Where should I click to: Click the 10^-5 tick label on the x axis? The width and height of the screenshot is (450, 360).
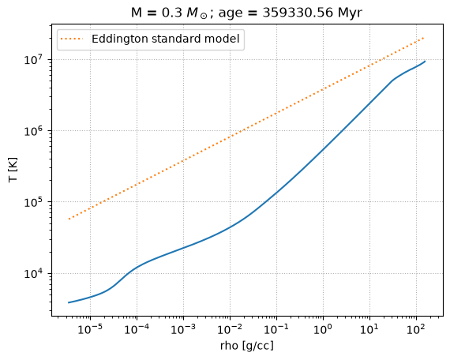(x=90, y=329)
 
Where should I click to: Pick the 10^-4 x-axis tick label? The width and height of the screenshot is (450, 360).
(x=137, y=329)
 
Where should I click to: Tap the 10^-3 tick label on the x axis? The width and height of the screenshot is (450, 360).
(x=183, y=329)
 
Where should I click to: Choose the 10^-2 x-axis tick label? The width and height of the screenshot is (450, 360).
(x=230, y=329)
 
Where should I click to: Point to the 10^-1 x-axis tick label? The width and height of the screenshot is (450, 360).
(x=276, y=329)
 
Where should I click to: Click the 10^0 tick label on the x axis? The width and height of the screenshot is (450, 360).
(x=323, y=329)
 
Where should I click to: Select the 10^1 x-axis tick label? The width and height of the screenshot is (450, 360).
(x=369, y=329)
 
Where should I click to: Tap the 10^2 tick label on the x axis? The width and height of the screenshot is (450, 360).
(x=416, y=329)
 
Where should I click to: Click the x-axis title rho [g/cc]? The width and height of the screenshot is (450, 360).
(x=247, y=347)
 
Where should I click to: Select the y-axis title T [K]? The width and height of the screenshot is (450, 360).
(x=13, y=170)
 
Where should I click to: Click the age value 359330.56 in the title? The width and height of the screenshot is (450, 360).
(x=298, y=13)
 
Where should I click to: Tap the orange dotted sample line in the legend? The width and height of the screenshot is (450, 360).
(x=72, y=39)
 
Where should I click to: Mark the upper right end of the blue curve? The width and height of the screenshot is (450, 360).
(x=425, y=61)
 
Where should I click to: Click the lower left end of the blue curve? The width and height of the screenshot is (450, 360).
(x=69, y=302)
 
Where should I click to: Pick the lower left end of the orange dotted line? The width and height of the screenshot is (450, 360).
(x=69, y=219)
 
